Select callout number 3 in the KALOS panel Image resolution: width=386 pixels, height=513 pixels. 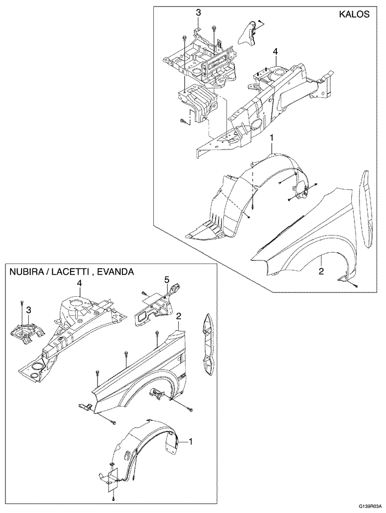tap(198, 12)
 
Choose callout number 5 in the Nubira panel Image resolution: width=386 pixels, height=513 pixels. tap(166, 280)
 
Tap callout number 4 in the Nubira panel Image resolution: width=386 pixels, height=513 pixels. tap(79, 283)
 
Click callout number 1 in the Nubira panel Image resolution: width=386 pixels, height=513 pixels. tap(191, 441)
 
